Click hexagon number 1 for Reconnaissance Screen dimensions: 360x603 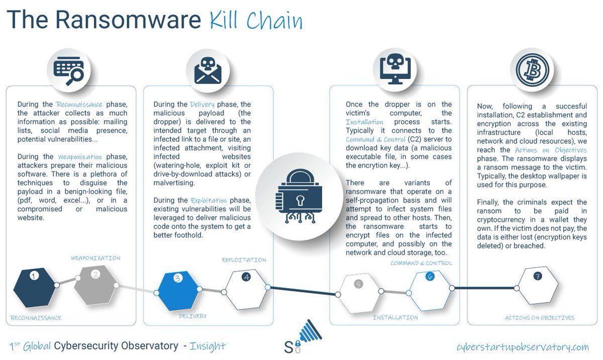pyautogui.click(x=34, y=285)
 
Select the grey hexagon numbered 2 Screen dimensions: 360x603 pyautogui.click(x=95, y=285)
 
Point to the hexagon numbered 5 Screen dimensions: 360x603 pyautogui.click(x=358, y=291)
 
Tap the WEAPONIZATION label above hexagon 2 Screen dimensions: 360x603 pyautogui.click(x=95, y=257)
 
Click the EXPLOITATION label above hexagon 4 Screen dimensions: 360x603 pyautogui.click(x=244, y=260)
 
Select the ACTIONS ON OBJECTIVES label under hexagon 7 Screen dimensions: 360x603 pyautogui.click(x=539, y=318)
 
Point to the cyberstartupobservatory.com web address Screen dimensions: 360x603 pyautogui.click(x=523, y=346)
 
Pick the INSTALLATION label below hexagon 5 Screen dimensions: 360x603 pyautogui.click(x=395, y=317)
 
